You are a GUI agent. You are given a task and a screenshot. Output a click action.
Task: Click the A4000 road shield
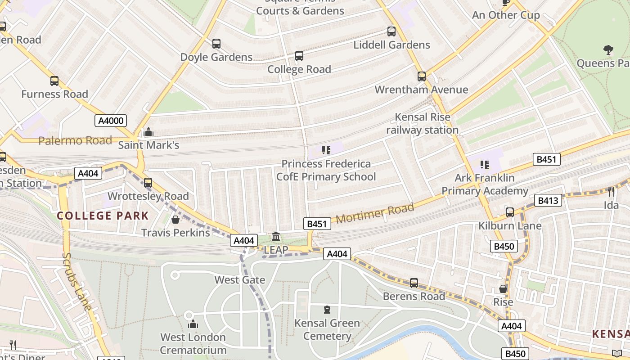(111, 120)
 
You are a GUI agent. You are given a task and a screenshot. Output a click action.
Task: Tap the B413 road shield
(548, 200)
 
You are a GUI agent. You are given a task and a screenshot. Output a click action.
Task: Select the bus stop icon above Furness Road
(54, 81)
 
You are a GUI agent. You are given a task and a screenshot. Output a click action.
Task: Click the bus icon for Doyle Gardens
(216, 44)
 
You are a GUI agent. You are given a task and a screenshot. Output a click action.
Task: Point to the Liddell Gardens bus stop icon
(391, 31)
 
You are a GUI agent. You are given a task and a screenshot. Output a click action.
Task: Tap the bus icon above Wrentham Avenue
(422, 76)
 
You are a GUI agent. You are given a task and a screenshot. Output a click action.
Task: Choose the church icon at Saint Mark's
(148, 132)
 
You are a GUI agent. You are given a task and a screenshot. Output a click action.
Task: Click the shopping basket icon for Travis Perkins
(175, 220)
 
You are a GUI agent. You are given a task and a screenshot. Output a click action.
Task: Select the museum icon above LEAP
(276, 236)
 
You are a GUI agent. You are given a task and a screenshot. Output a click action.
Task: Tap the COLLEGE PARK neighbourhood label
(103, 216)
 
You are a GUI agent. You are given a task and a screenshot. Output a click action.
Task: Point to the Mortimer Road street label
(375, 214)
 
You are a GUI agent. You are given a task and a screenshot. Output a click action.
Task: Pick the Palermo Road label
(75, 141)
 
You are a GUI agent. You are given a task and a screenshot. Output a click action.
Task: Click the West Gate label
(240, 280)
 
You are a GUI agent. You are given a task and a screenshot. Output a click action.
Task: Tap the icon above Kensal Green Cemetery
(327, 310)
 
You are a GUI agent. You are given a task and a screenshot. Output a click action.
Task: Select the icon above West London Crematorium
(193, 324)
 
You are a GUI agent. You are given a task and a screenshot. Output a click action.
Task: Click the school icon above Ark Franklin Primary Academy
(484, 165)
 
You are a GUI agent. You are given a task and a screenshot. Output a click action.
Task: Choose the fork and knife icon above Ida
(611, 192)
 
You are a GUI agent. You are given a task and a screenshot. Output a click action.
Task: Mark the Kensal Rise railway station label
(422, 124)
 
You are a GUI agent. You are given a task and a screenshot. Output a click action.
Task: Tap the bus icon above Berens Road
(414, 283)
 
